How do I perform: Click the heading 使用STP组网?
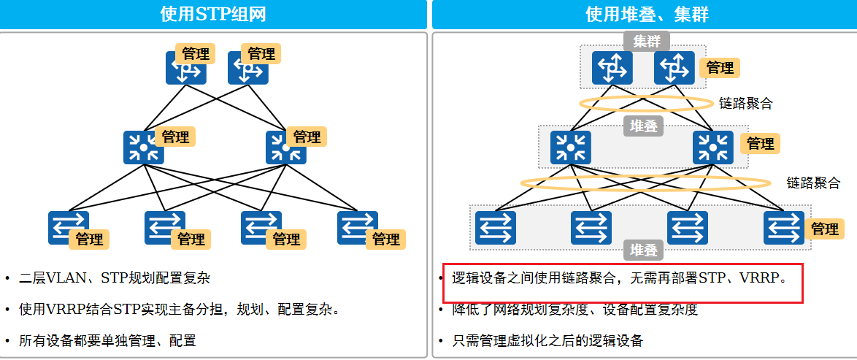[213, 14]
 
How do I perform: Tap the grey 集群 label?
[646, 41]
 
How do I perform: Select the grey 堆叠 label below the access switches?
[643, 250]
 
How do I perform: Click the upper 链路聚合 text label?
[745, 104]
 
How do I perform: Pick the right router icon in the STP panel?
[247, 69]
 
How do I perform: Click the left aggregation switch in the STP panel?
[143, 147]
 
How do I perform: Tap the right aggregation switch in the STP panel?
[285, 147]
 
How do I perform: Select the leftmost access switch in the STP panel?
[68, 227]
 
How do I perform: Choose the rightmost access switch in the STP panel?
[357, 227]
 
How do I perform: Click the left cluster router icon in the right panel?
[612, 67]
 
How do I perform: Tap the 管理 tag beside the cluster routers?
[720, 68]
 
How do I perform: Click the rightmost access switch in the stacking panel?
[783, 227]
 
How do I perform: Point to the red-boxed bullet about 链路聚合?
[620, 278]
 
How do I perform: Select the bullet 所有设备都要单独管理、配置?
[107, 340]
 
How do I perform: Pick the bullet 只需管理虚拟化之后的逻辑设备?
[547, 340]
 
